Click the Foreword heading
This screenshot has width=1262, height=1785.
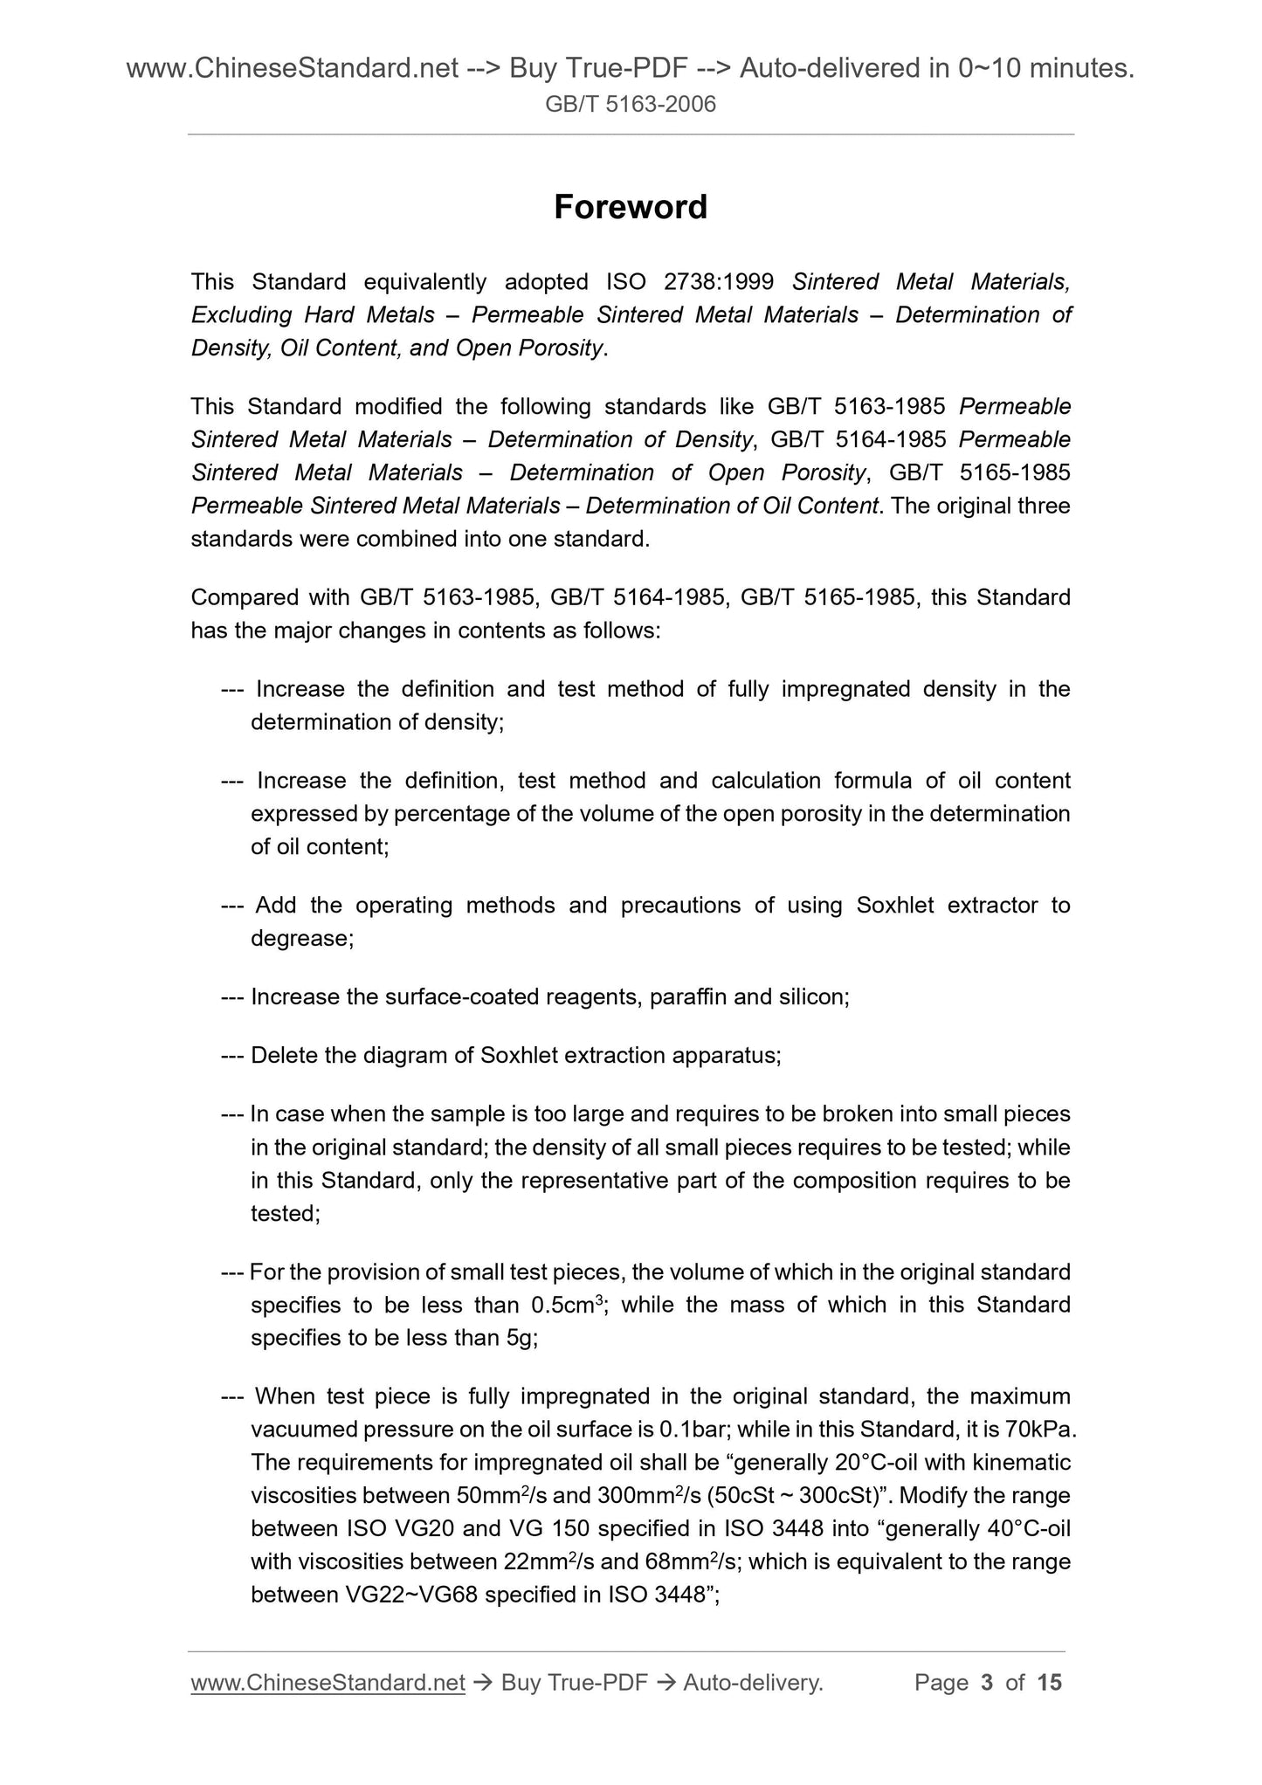pos(631,207)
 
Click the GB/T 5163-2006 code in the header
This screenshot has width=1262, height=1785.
pos(631,105)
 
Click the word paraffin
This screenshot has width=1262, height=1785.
pos(688,996)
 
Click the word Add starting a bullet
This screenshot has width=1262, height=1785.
pos(276,906)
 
